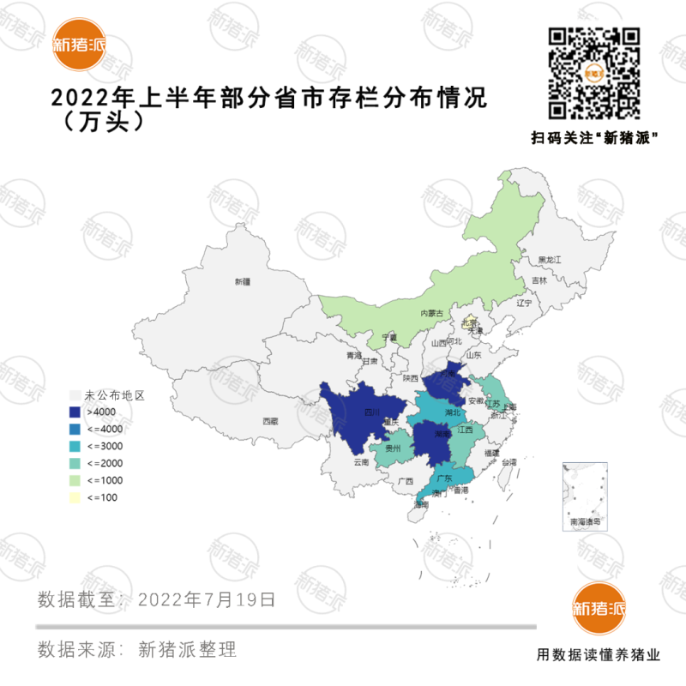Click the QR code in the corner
click(594, 73)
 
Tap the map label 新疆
click(242, 281)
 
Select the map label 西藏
click(270, 421)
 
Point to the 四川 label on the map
click(371, 412)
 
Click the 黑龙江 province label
click(549, 259)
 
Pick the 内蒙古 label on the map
click(431, 314)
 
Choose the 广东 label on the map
click(444, 478)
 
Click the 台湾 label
click(509, 462)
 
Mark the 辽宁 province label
click(524, 304)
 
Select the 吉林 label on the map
click(539, 280)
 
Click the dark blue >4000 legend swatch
click(76, 412)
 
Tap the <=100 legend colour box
click(76, 498)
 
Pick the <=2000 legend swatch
click(76, 464)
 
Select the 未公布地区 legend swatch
click(76, 396)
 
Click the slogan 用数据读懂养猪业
click(599, 655)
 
